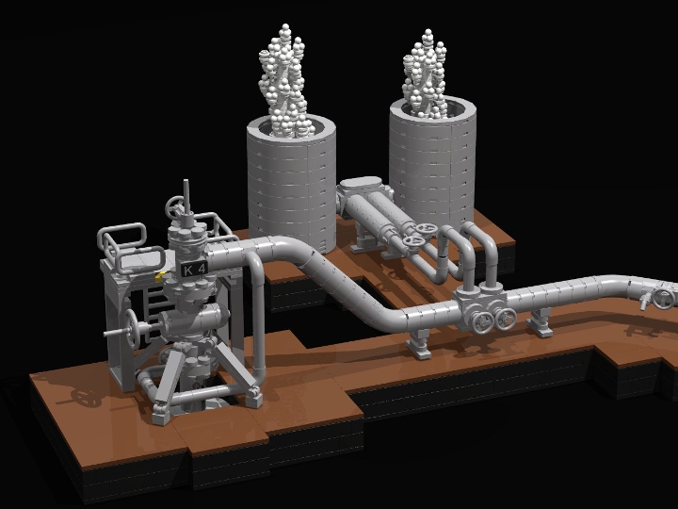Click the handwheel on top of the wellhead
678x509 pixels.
pyautogui.click(x=174, y=207)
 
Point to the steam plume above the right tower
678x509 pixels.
pyautogui.click(x=428, y=76)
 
